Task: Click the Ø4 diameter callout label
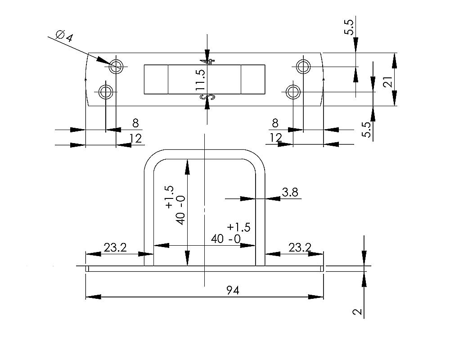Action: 64,36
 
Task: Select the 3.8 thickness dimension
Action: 290,193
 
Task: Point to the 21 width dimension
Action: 388,81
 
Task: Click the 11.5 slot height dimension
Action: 201,80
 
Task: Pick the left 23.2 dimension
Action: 115,247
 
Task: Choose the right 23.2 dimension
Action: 300,247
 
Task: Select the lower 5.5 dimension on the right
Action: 367,130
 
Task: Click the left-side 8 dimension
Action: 135,123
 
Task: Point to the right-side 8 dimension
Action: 275,123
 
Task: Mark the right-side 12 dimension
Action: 275,138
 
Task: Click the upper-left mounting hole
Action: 116,66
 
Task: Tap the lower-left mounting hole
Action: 106,92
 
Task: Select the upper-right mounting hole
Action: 303,66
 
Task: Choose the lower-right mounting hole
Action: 293,92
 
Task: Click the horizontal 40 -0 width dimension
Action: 226,239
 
